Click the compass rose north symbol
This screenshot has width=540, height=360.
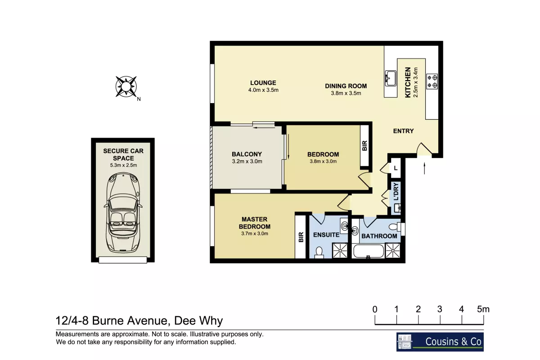point(126,86)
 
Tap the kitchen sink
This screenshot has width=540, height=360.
point(390,78)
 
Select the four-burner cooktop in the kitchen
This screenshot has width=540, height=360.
point(432,81)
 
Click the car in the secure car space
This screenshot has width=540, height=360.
point(123,212)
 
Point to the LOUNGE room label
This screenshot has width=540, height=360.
point(263,83)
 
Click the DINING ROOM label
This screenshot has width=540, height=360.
point(346,86)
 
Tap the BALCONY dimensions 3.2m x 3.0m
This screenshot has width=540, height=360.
point(247,161)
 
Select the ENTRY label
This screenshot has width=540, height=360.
point(403,131)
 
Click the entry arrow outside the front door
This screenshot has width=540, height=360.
point(424,168)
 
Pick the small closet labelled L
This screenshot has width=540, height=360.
point(396,168)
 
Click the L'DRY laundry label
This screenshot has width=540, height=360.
point(396,192)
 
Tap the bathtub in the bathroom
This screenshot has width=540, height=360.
point(368,251)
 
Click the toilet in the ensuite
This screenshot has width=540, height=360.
point(319,252)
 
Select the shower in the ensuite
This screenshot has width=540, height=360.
point(340,251)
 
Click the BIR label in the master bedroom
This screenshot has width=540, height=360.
point(301,237)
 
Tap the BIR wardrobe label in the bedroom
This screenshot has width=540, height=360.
point(364,146)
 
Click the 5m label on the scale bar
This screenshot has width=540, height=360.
point(483,309)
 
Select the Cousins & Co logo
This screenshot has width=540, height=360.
point(440,342)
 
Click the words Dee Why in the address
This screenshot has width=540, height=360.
point(198,321)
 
